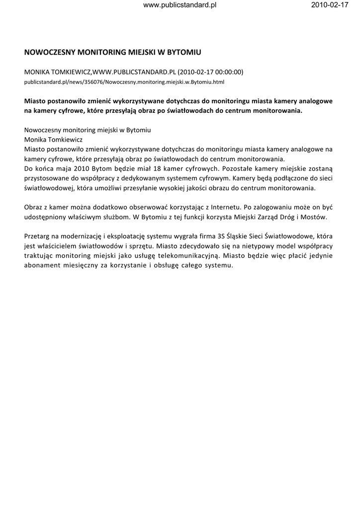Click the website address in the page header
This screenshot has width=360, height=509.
tap(180, 5)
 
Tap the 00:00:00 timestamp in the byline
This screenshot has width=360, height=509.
tap(228, 72)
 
